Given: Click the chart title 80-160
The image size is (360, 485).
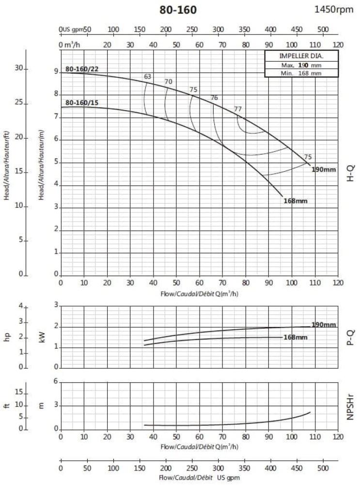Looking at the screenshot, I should pyautogui.click(x=178, y=10).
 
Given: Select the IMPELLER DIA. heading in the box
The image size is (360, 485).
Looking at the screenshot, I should pyautogui.click(x=295, y=56).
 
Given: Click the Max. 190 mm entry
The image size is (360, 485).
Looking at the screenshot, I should pyautogui.click(x=295, y=65).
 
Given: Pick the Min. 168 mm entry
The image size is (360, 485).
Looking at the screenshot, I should pyautogui.click(x=295, y=73).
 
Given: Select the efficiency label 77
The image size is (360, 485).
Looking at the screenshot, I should pyautogui.click(x=237, y=109).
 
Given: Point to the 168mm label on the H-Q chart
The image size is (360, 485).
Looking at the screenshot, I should pyautogui.click(x=296, y=201).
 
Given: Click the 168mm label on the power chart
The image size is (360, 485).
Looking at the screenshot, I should pyautogui.click(x=296, y=337).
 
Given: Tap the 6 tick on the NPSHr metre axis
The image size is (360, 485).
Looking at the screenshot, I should pyautogui.click(x=56, y=382).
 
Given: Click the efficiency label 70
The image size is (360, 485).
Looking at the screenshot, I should pyautogui.click(x=169, y=81).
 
